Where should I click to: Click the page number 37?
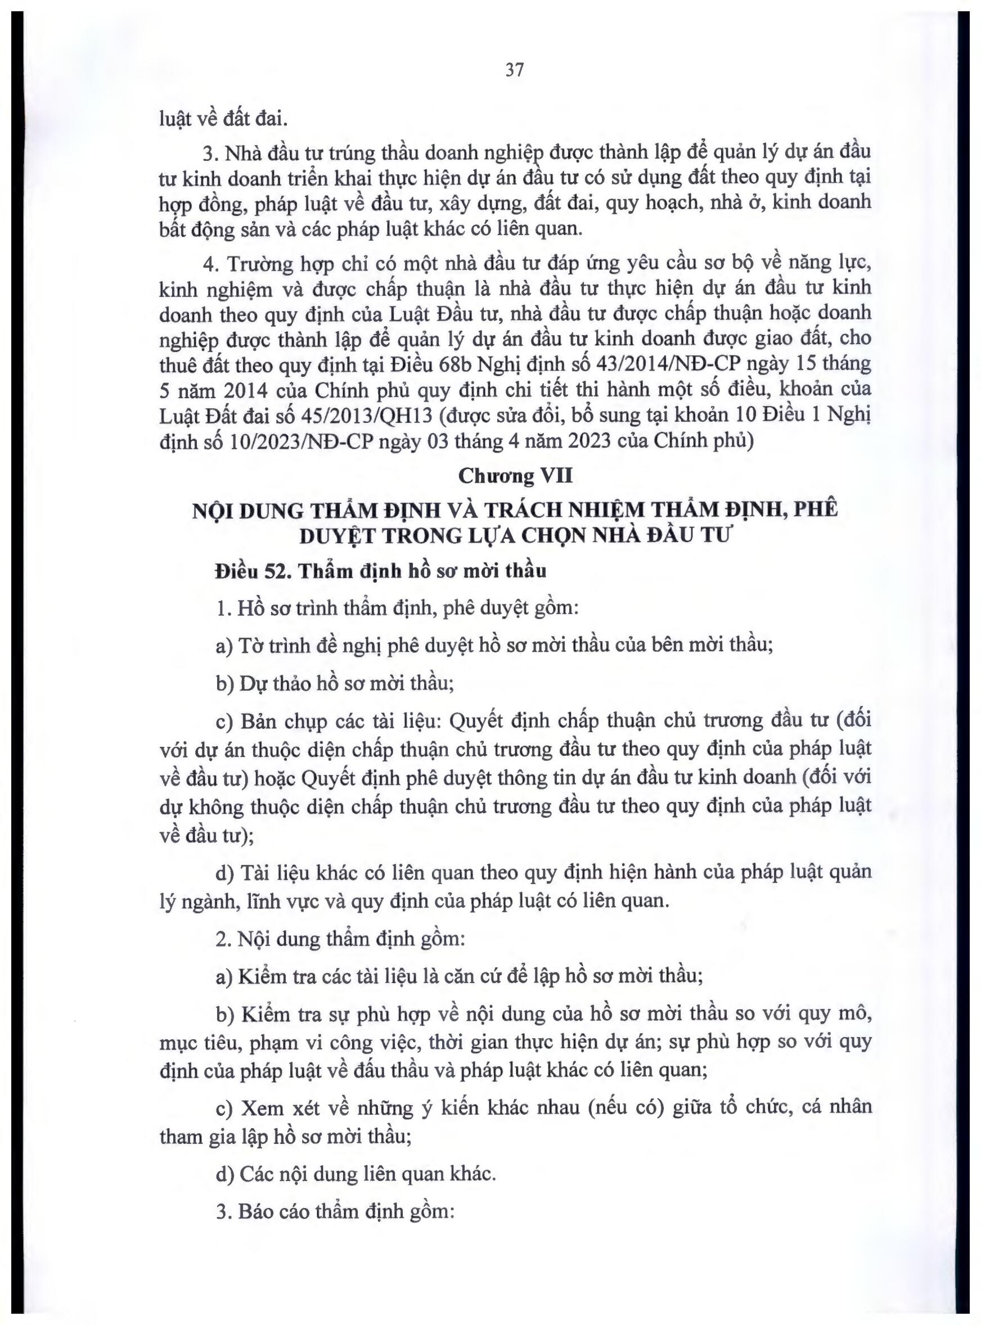click(x=514, y=70)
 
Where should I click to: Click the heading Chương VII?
click(x=515, y=476)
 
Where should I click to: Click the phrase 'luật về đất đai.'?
click(x=223, y=119)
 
